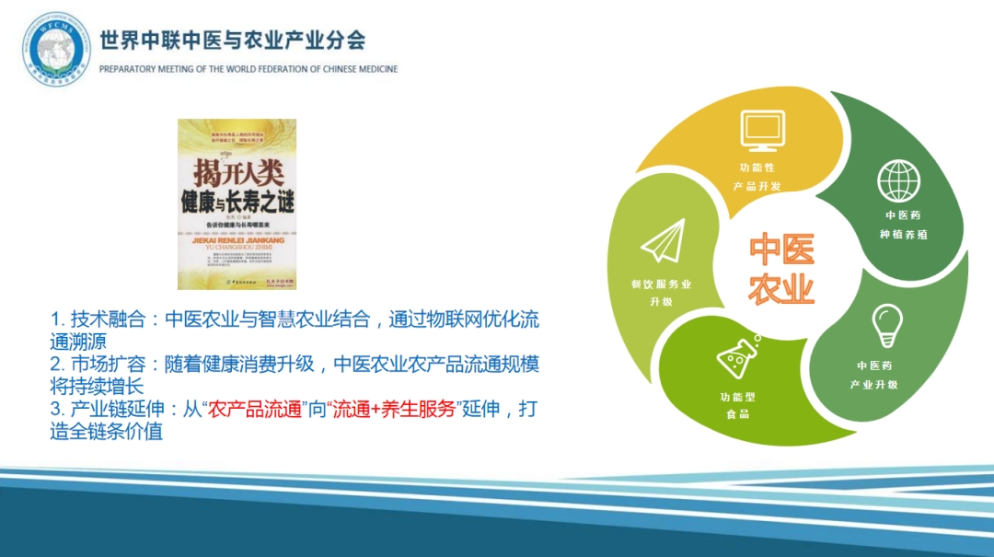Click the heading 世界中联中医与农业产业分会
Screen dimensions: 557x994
(x=232, y=41)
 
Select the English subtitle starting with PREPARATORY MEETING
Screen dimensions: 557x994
(x=248, y=69)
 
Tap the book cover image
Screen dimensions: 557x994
(x=237, y=203)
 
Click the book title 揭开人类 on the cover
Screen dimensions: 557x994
(x=237, y=171)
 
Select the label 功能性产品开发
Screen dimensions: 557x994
(x=757, y=177)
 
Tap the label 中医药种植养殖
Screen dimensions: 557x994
(x=902, y=224)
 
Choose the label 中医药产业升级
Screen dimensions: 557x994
(x=874, y=375)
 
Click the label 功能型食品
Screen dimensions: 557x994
(x=737, y=405)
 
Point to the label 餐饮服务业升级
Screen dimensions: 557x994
(x=661, y=293)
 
